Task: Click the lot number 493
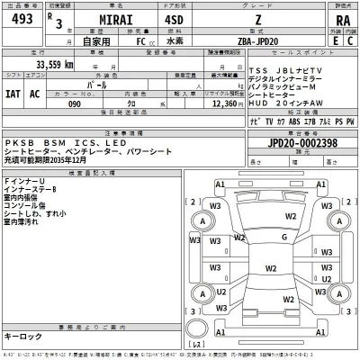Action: [19, 22]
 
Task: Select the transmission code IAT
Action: [15, 93]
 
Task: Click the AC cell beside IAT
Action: [36, 93]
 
